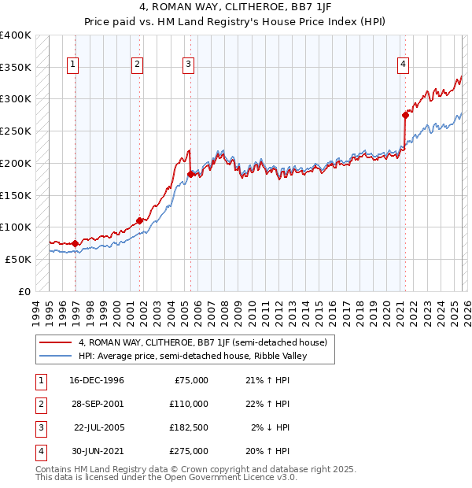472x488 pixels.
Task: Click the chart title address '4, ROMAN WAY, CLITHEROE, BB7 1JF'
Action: click(x=235, y=9)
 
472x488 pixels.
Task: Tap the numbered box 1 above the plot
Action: click(x=73, y=65)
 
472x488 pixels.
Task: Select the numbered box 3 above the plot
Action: click(x=189, y=65)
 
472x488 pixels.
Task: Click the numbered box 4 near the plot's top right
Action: click(x=403, y=65)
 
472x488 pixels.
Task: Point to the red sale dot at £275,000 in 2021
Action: click(x=405, y=115)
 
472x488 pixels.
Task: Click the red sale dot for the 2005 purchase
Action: click(x=191, y=174)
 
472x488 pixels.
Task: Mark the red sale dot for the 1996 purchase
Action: click(x=76, y=243)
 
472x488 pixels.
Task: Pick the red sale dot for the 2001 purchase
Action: click(x=139, y=220)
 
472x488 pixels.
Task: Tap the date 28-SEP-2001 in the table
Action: click(x=97, y=404)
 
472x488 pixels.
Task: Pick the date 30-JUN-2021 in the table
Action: click(x=97, y=451)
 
